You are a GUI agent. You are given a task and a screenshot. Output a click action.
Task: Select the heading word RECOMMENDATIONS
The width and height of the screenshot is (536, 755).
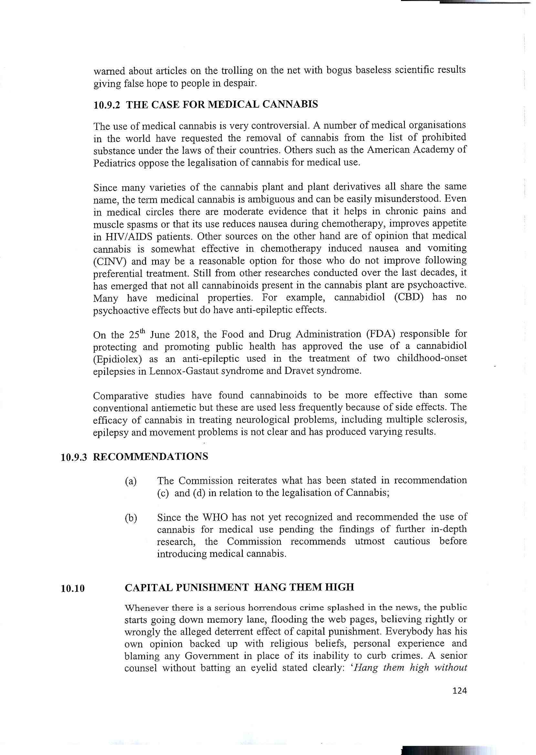click(151, 457)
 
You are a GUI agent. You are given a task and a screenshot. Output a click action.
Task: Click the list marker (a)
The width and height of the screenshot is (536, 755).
click(131, 482)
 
